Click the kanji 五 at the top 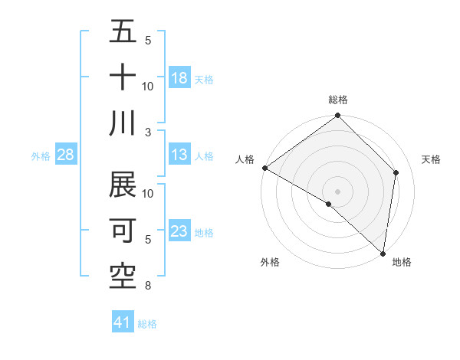click(123, 32)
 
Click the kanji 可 click(123, 230)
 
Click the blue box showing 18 click(179, 78)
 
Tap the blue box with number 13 click(179, 155)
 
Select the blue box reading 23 click(179, 231)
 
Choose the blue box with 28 click(65, 155)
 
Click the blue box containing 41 click(123, 322)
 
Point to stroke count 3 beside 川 click(147, 131)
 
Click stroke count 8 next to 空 click(147, 286)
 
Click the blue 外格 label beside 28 click(41, 156)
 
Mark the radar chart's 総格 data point click(337, 116)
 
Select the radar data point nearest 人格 click(264, 168)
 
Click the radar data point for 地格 click(382, 253)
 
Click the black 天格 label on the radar click(431, 159)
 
